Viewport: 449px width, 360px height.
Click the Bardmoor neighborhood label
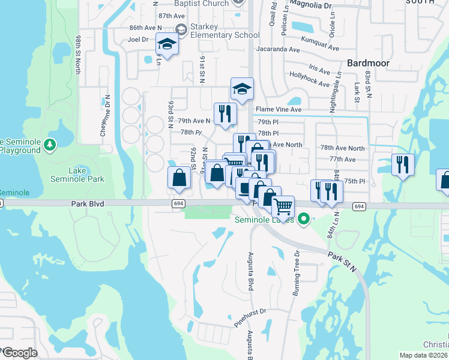point(369,62)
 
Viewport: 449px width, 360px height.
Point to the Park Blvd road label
point(88,204)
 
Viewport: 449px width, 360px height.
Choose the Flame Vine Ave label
point(279,109)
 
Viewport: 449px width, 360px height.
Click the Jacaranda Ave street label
point(280,49)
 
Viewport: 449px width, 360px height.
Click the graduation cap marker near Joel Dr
point(167,44)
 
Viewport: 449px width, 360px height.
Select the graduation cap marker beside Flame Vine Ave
point(242,89)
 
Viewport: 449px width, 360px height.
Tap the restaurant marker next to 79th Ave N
point(225,113)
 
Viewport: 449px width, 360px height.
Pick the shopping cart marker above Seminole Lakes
point(283,206)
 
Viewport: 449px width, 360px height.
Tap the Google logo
point(20,353)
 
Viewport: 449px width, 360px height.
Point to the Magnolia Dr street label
point(310,5)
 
